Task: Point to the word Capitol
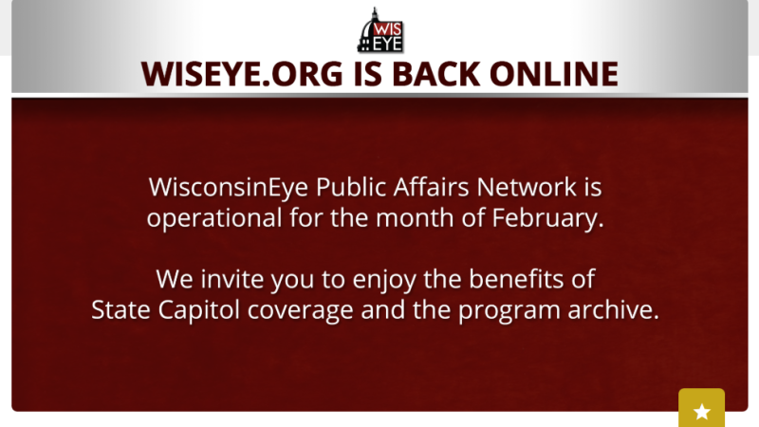(x=207, y=311)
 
